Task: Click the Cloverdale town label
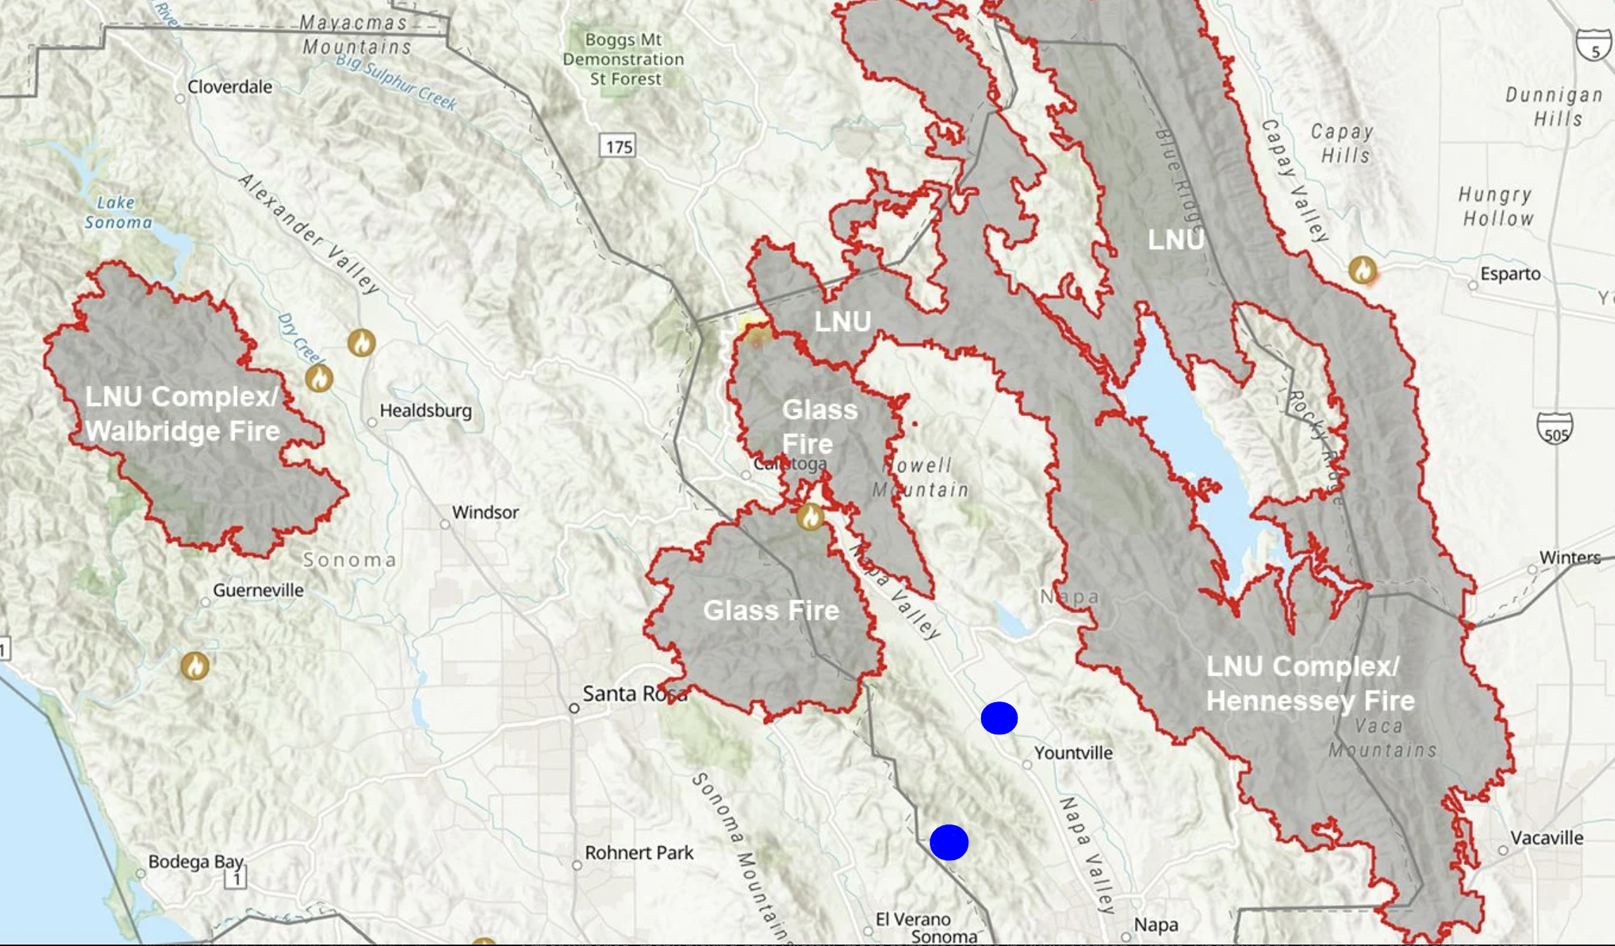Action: tap(229, 87)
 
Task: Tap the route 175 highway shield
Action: tap(618, 146)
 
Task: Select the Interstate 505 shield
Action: tap(1555, 429)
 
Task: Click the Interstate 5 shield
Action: tap(1593, 46)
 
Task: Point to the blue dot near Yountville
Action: tap(999, 718)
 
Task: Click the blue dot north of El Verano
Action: tap(949, 842)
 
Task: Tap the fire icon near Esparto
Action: tap(1363, 270)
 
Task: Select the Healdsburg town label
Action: tap(425, 410)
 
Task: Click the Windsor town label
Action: tap(485, 512)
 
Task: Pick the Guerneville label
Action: tap(258, 590)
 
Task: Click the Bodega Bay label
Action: tap(195, 862)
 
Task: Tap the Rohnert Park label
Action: tap(638, 853)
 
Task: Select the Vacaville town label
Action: tap(1546, 838)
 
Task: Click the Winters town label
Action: tap(1569, 557)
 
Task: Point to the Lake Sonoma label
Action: tap(118, 212)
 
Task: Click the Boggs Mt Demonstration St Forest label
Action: tap(623, 59)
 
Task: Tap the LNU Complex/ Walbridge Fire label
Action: tap(183, 413)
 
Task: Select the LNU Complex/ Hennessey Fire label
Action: tap(1310, 683)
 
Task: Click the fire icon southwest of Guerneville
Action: tap(195, 665)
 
